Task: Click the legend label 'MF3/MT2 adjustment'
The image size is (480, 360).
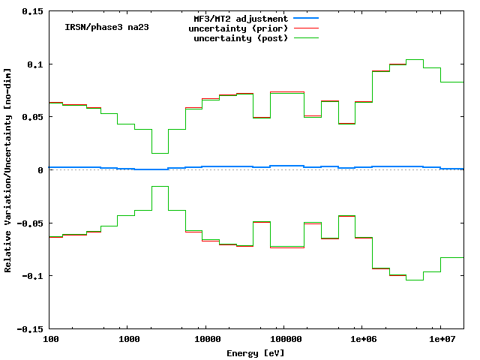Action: click(x=240, y=18)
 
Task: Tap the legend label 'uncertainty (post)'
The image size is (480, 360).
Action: click(x=240, y=37)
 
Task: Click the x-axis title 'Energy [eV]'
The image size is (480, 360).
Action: click(x=256, y=352)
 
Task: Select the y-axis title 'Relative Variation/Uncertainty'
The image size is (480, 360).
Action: click(x=8, y=170)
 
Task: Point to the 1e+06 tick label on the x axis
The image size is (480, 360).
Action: click(x=361, y=340)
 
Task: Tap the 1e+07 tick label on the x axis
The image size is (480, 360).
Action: click(x=439, y=340)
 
